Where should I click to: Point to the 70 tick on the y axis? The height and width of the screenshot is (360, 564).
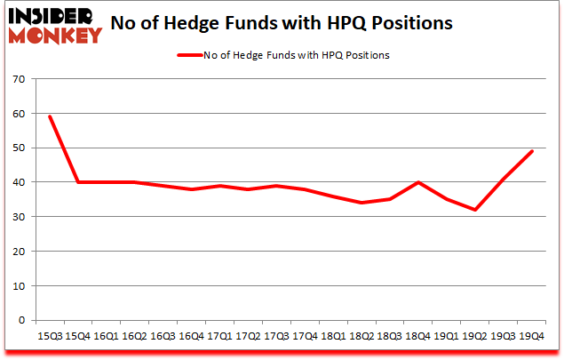(x=20, y=80)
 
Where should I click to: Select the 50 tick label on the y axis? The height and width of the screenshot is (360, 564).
(x=20, y=148)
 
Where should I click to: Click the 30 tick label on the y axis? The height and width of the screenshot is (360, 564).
(x=20, y=217)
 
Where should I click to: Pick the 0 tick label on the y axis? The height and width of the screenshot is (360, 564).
(x=22, y=320)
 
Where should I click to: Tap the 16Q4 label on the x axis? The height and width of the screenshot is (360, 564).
(x=187, y=336)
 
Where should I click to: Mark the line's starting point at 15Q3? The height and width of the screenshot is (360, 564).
(x=50, y=116)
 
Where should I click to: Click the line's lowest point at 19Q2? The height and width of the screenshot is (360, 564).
(x=475, y=210)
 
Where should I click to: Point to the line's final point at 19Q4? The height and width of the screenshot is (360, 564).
(x=531, y=151)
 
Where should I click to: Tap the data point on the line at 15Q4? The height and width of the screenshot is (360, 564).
(x=77, y=182)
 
